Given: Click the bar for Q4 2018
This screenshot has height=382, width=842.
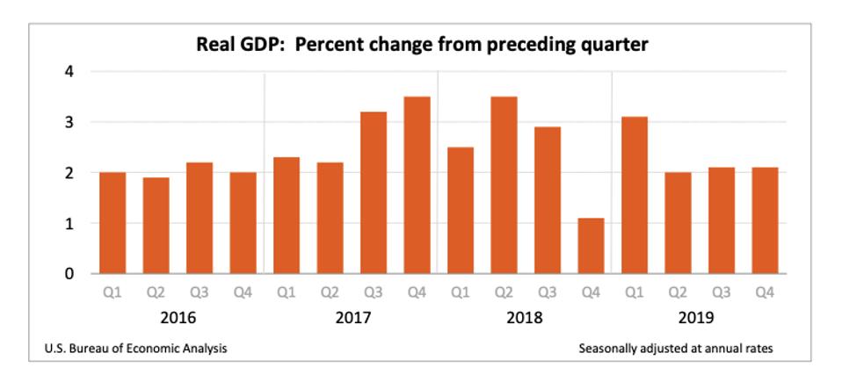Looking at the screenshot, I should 592,246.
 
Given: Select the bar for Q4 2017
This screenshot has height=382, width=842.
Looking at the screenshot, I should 417,185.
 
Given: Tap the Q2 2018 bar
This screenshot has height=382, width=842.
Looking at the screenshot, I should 504,185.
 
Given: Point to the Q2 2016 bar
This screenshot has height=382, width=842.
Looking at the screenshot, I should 156,226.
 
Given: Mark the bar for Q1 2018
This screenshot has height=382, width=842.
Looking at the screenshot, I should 461,211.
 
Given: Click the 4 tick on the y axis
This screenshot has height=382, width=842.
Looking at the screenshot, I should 69,71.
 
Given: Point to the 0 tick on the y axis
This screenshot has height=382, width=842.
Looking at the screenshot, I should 69,274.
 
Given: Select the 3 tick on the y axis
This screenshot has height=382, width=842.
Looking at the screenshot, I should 69,122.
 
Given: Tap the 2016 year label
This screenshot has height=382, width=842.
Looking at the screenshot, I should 178,317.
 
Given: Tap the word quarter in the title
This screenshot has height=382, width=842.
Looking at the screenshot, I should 613,45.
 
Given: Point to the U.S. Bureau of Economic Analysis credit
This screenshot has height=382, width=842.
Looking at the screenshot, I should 135,349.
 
